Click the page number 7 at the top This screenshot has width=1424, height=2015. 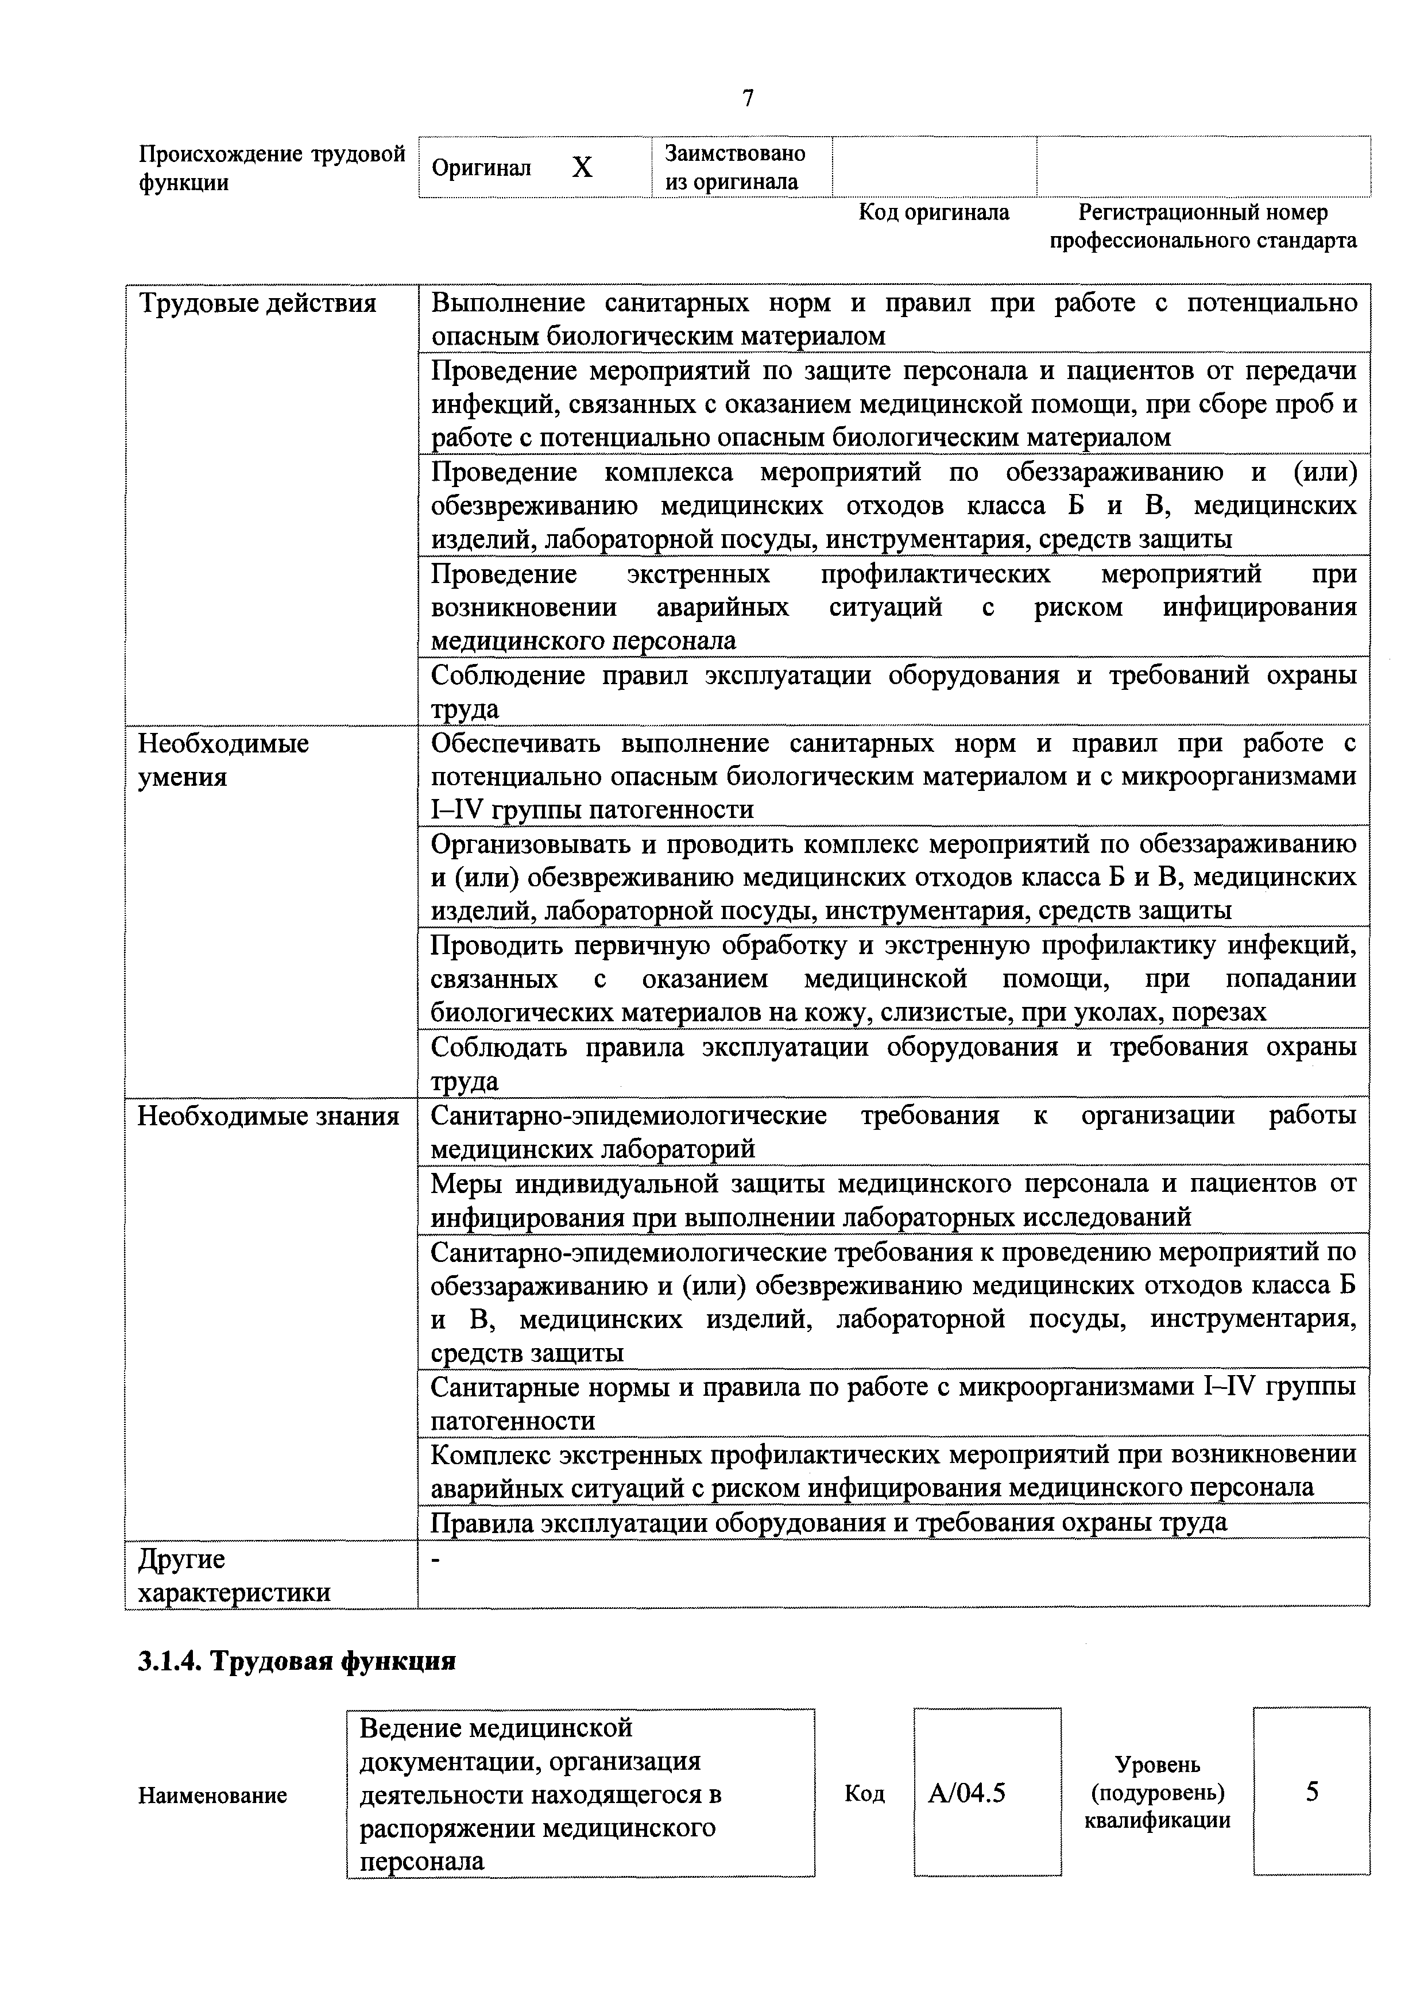(748, 98)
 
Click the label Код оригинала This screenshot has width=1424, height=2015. (934, 213)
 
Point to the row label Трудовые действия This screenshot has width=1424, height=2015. (258, 304)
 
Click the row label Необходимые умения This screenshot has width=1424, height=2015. (224, 760)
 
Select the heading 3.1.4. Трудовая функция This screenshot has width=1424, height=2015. (296, 1661)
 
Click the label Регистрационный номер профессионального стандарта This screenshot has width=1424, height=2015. (1203, 226)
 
